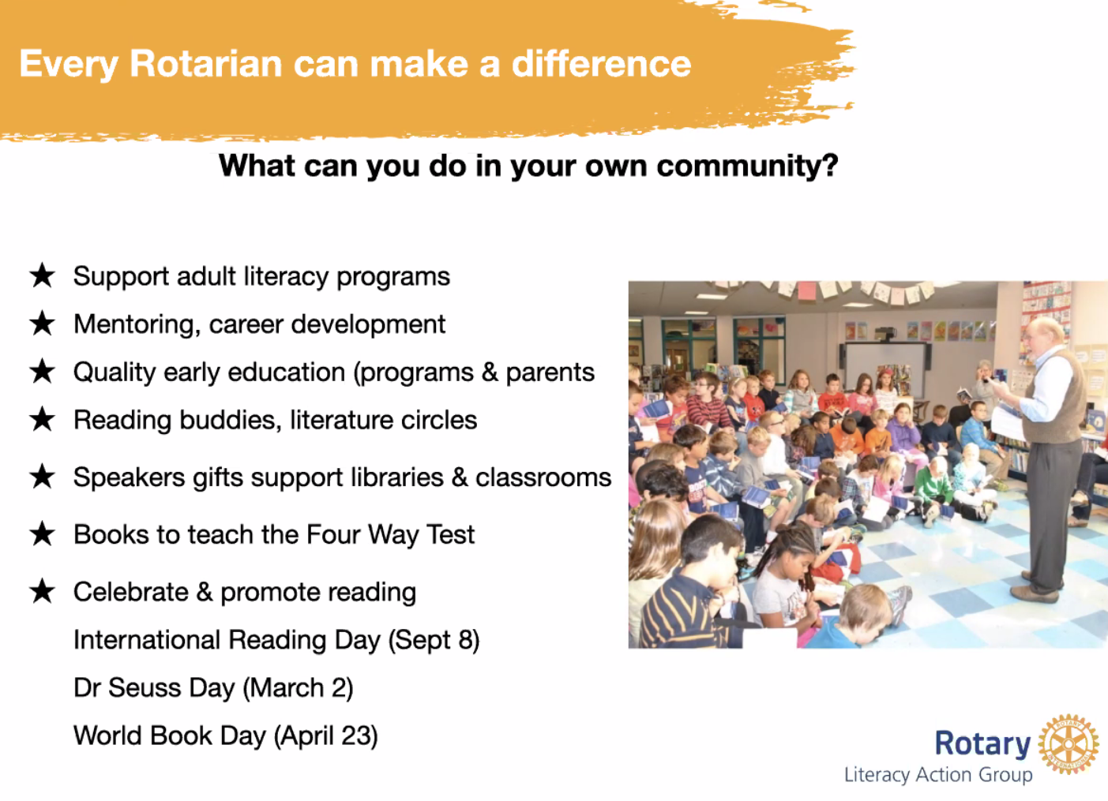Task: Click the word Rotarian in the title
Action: coord(206,64)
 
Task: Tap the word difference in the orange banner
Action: coord(601,64)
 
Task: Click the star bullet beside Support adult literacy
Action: coord(43,275)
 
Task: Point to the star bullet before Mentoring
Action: coord(43,324)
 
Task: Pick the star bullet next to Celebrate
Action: coord(43,591)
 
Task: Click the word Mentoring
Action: coord(137,325)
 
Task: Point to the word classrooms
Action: coord(543,477)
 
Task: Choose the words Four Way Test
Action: coord(390,535)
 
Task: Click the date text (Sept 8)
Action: coord(434,640)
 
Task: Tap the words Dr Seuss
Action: coord(128,687)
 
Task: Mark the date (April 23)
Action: coord(326,736)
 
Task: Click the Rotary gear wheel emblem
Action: coord(1069,743)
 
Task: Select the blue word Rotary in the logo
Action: coord(983,744)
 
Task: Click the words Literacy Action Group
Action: coord(938,775)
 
